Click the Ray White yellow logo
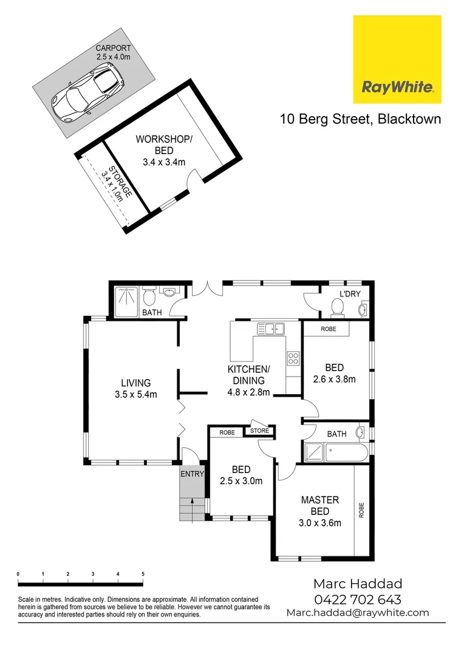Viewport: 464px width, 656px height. [x=397, y=60]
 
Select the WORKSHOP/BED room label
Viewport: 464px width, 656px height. [x=163, y=145]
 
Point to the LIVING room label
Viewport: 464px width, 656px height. [x=135, y=383]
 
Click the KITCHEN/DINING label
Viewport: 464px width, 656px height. [x=248, y=375]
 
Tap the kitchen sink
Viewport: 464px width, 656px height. [x=271, y=329]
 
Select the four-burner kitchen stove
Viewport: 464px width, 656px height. [x=293, y=358]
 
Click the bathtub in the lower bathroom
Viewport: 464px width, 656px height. [x=346, y=453]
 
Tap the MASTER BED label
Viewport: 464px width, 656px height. [x=320, y=505]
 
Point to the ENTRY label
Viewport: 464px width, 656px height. [x=192, y=474]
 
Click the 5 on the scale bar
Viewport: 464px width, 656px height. [x=142, y=574]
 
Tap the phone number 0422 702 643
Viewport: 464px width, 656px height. [x=357, y=600]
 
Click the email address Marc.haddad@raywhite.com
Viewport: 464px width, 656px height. [x=357, y=613]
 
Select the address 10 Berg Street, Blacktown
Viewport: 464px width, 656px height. [x=360, y=119]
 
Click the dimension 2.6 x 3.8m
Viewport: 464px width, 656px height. [x=334, y=379]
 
